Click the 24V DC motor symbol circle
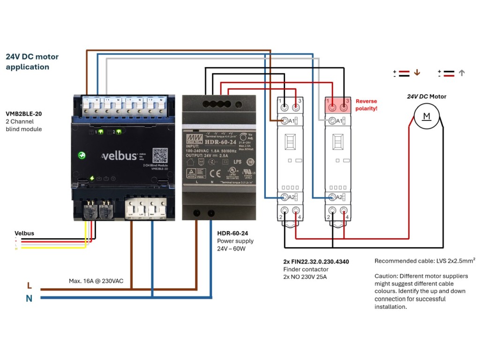tap(427, 116)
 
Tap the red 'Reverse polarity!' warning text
tap(366, 105)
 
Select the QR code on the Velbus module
tap(160, 155)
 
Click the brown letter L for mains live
tap(30, 285)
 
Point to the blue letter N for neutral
tap(29, 298)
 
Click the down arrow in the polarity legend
tap(417, 73)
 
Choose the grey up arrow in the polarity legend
tap(462, 73)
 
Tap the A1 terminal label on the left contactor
tap(291, 121)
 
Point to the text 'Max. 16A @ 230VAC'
tap(96, 281)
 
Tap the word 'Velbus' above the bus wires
tap(24, 233)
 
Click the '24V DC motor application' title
tap(32, 61)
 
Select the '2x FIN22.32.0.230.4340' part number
tap(316, 262)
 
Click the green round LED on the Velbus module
tap(82, 155)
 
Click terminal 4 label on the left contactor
tap(296, 217)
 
